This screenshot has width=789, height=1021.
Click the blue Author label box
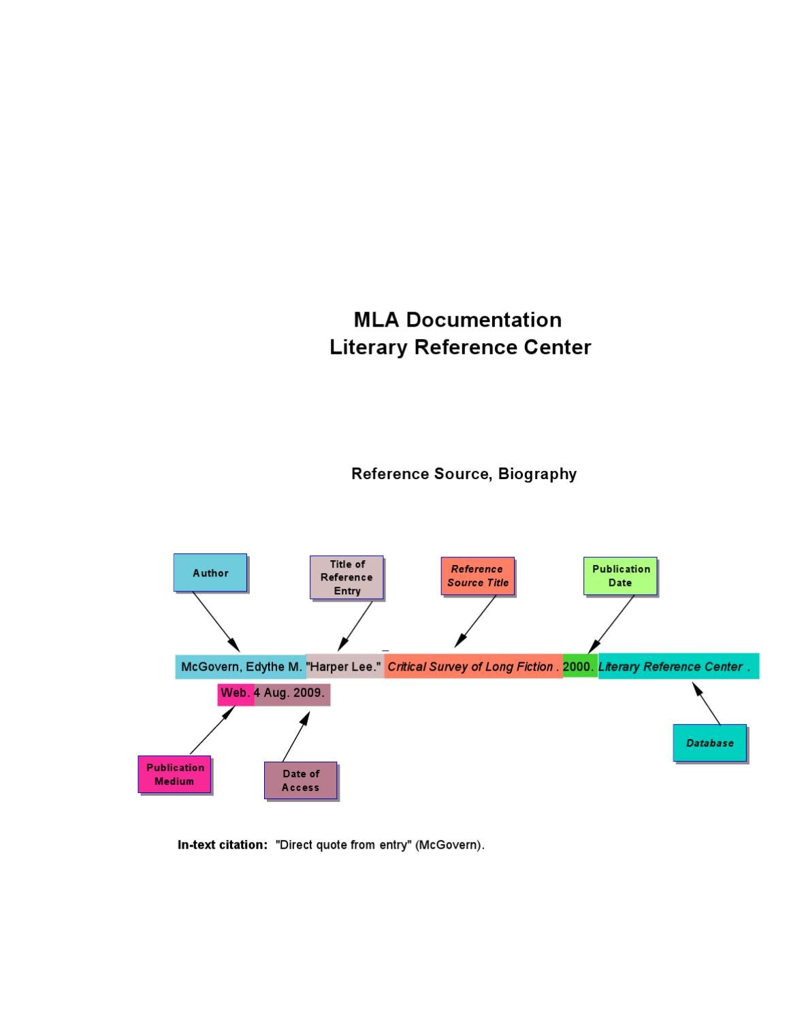click(x=210, y=572)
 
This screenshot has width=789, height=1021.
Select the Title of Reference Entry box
click(x=347, y=577)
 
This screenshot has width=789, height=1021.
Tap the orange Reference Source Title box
click(x=477, y=576)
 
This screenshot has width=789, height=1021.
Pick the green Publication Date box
click(x=620, y=576)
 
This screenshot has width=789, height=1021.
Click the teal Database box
click(x=709, y=743)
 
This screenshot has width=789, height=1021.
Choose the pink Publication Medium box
click(x=174, y=774)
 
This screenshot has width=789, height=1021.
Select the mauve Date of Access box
click(x=300, y=780)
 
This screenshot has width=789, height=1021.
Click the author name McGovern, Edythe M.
click(x=241, y=666)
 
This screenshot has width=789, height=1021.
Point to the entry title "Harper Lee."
click(x=344, y=666)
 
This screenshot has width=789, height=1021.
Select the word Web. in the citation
click(x=236, y=693)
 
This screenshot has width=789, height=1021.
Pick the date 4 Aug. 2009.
click(x=290, y=693)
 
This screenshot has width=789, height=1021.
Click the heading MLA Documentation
click(x=457, y=319)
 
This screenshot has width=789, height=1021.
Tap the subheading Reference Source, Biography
click(x=464, y=474)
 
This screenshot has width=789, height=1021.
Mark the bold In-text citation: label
click(x=223, y=845)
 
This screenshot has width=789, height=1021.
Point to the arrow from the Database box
click(x=707, y=704)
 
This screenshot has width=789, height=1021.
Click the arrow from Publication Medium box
click(x=212, y=730)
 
